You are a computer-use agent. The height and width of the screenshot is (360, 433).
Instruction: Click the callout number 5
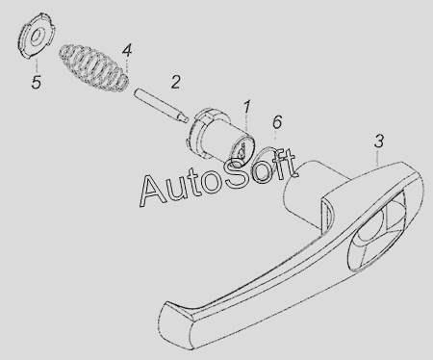pos(37,82)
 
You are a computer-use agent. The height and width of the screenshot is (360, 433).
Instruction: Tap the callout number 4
pos(127,51)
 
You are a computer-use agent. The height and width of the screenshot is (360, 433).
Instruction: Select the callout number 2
pos(175,82)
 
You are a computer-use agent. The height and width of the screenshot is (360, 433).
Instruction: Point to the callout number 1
pos(246,107)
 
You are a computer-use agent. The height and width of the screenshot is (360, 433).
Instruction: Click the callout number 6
pos(277,122)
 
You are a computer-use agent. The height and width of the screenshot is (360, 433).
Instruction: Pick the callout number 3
pos(379,141)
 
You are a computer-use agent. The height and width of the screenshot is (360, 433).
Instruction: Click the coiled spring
pos(94,66)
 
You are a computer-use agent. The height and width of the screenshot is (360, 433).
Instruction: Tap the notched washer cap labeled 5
pos(36,36)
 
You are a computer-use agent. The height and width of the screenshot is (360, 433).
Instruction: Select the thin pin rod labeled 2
pos(160,106)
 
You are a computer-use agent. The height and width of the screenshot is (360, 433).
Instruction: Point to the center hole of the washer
pos(37,36)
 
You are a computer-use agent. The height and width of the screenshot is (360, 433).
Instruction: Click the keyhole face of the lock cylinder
pos(242,150)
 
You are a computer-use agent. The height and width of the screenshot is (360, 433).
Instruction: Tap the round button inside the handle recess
pos(371,221)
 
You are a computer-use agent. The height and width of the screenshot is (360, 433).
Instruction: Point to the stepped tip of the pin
pos(183,119)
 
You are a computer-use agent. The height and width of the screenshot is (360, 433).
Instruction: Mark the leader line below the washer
pos(37,65)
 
